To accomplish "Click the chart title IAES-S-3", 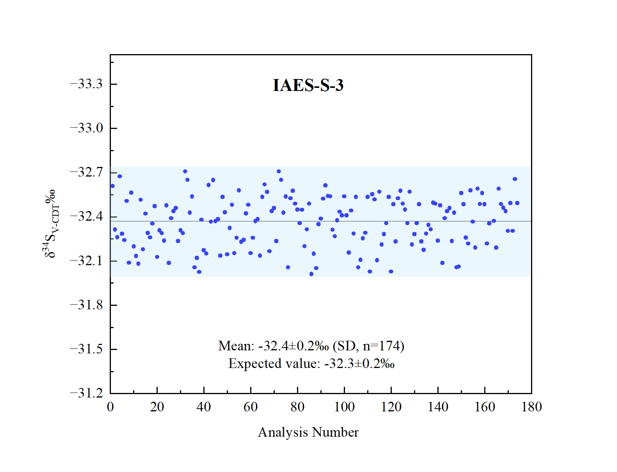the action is tap(308, 85).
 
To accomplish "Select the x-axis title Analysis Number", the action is tap(308, 432).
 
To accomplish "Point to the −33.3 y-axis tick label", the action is tap(86, 84).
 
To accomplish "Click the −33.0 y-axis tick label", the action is tap(86, 128).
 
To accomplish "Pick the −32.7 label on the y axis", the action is tap(86, 172).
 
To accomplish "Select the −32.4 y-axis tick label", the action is tap(86, 216).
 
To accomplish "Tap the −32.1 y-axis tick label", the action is tap(86, 261).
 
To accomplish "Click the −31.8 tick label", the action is tap(86, 305).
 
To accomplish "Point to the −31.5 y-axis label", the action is tap(86, 349).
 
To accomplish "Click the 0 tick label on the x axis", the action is tap(110, 407).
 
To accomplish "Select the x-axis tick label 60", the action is tap(251, 407).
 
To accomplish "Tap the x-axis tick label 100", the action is tap(344, 407).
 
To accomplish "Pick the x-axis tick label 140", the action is tap(438, 407).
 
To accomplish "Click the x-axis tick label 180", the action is tap(531, 407).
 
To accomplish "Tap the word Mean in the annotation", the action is tap(236, 346).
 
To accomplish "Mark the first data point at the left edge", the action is tap(112, 186).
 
